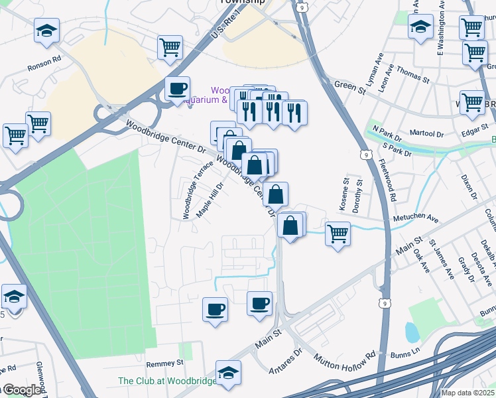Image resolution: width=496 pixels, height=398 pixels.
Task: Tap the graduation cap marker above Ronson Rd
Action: click(47, 31)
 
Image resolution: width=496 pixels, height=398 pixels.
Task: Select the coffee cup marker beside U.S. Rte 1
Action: click(177, 89)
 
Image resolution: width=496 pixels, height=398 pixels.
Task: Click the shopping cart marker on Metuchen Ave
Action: click(338, 233)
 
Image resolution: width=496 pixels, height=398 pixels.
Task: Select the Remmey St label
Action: click(164, 364)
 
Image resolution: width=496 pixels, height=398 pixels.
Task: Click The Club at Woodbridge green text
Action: click(166, 381)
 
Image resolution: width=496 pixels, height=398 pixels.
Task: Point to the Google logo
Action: click(21, 390)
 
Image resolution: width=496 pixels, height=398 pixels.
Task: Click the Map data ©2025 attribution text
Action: click(467, 393)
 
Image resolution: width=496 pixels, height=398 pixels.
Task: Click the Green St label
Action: click(345, 85)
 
